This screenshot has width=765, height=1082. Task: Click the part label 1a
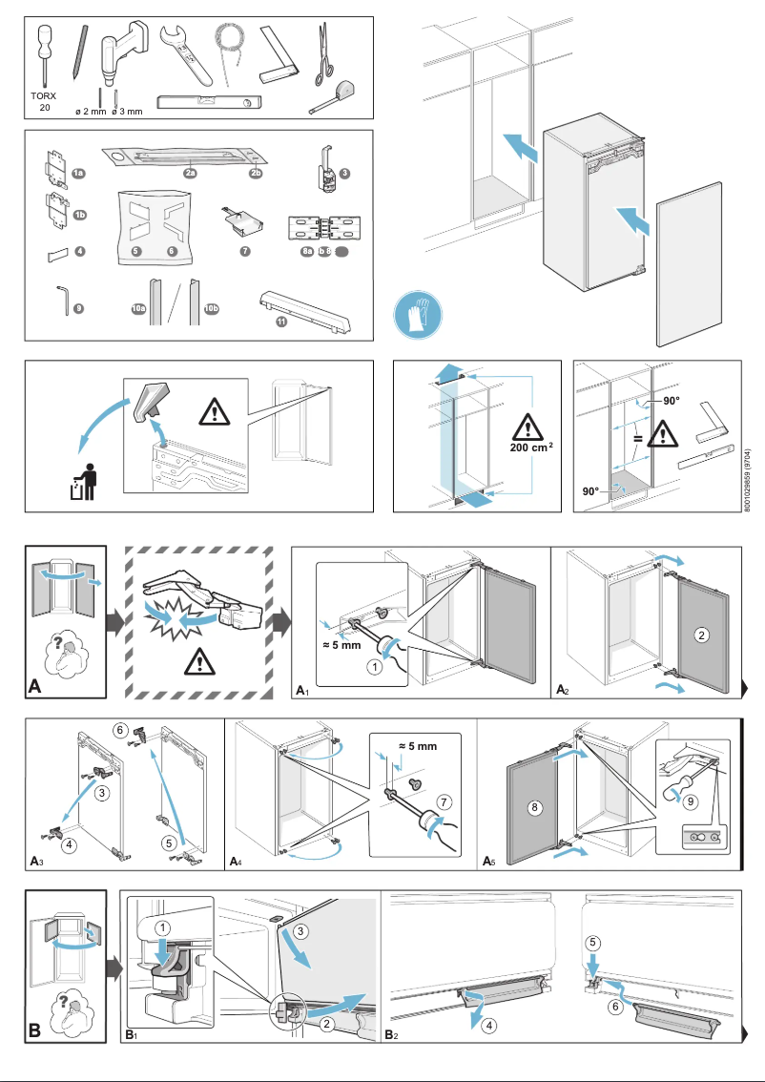tap(79, 173)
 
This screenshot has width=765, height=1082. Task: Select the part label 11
tap(281, 323)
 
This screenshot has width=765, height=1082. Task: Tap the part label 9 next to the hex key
tap(78, 308)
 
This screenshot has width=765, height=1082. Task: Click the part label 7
tap(245, 251)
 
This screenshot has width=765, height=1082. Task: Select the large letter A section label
tap(35, 683)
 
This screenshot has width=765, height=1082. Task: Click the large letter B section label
tap(35, 1030)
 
